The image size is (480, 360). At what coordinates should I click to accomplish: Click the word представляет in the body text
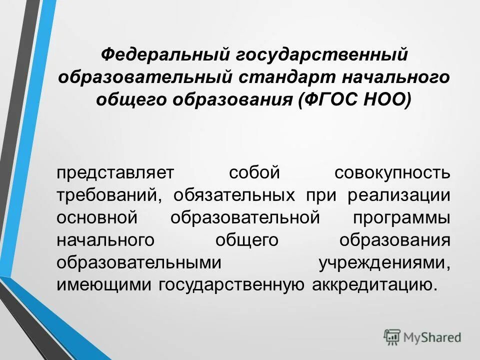pyautogui.click(x=115, y=173)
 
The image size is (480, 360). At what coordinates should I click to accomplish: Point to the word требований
pyautogui.click(x=108, y=195)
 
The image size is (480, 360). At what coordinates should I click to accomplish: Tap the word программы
pyautogui.click(x=401, y=218)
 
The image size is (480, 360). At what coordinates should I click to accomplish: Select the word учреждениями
pyautogui.click(x=385, y=263)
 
